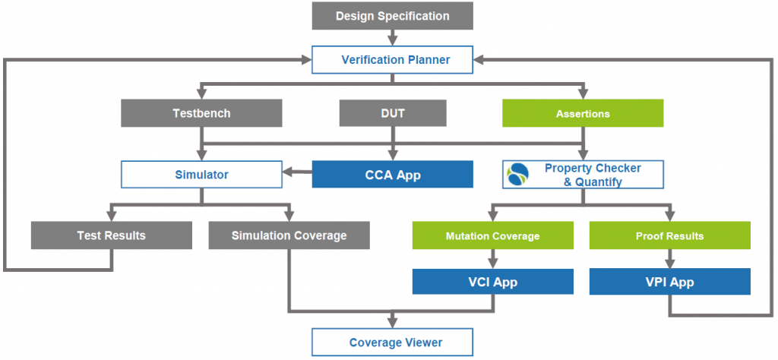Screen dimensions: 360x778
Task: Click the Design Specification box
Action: click(392, 16)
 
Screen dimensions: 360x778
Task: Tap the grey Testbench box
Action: click(201, 113)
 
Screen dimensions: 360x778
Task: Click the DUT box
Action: click(392, 113)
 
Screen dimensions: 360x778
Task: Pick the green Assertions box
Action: click(583, 113)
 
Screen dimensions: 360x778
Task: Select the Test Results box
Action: click(112, 235)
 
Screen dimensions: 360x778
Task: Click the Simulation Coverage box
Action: click(289, 235)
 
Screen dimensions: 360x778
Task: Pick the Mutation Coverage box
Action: click(492, 235)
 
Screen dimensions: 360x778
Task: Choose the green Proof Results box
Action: click(669, 235)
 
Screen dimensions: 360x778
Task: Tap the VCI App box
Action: click(492, 282)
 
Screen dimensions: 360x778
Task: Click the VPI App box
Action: click(669, 282)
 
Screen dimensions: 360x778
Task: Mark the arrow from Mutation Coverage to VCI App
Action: click(492, 259)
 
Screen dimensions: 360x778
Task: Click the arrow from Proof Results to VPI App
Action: click(669, 259)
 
